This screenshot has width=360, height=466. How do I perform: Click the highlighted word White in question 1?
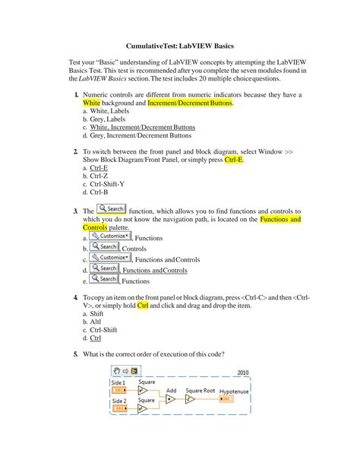tap(91, 102)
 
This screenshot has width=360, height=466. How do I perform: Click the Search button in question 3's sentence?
tap(112, 209)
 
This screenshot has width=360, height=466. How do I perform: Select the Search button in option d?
tap(104, 268)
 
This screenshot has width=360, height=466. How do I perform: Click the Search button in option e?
tap(104, 279)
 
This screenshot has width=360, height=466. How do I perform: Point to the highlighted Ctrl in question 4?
tap(142, 306)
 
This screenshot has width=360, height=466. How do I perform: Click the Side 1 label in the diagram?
tap(119, 382)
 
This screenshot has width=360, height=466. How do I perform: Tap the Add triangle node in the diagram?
tap(171, 398)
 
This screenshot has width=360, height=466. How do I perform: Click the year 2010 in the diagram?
tap(243, 373)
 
